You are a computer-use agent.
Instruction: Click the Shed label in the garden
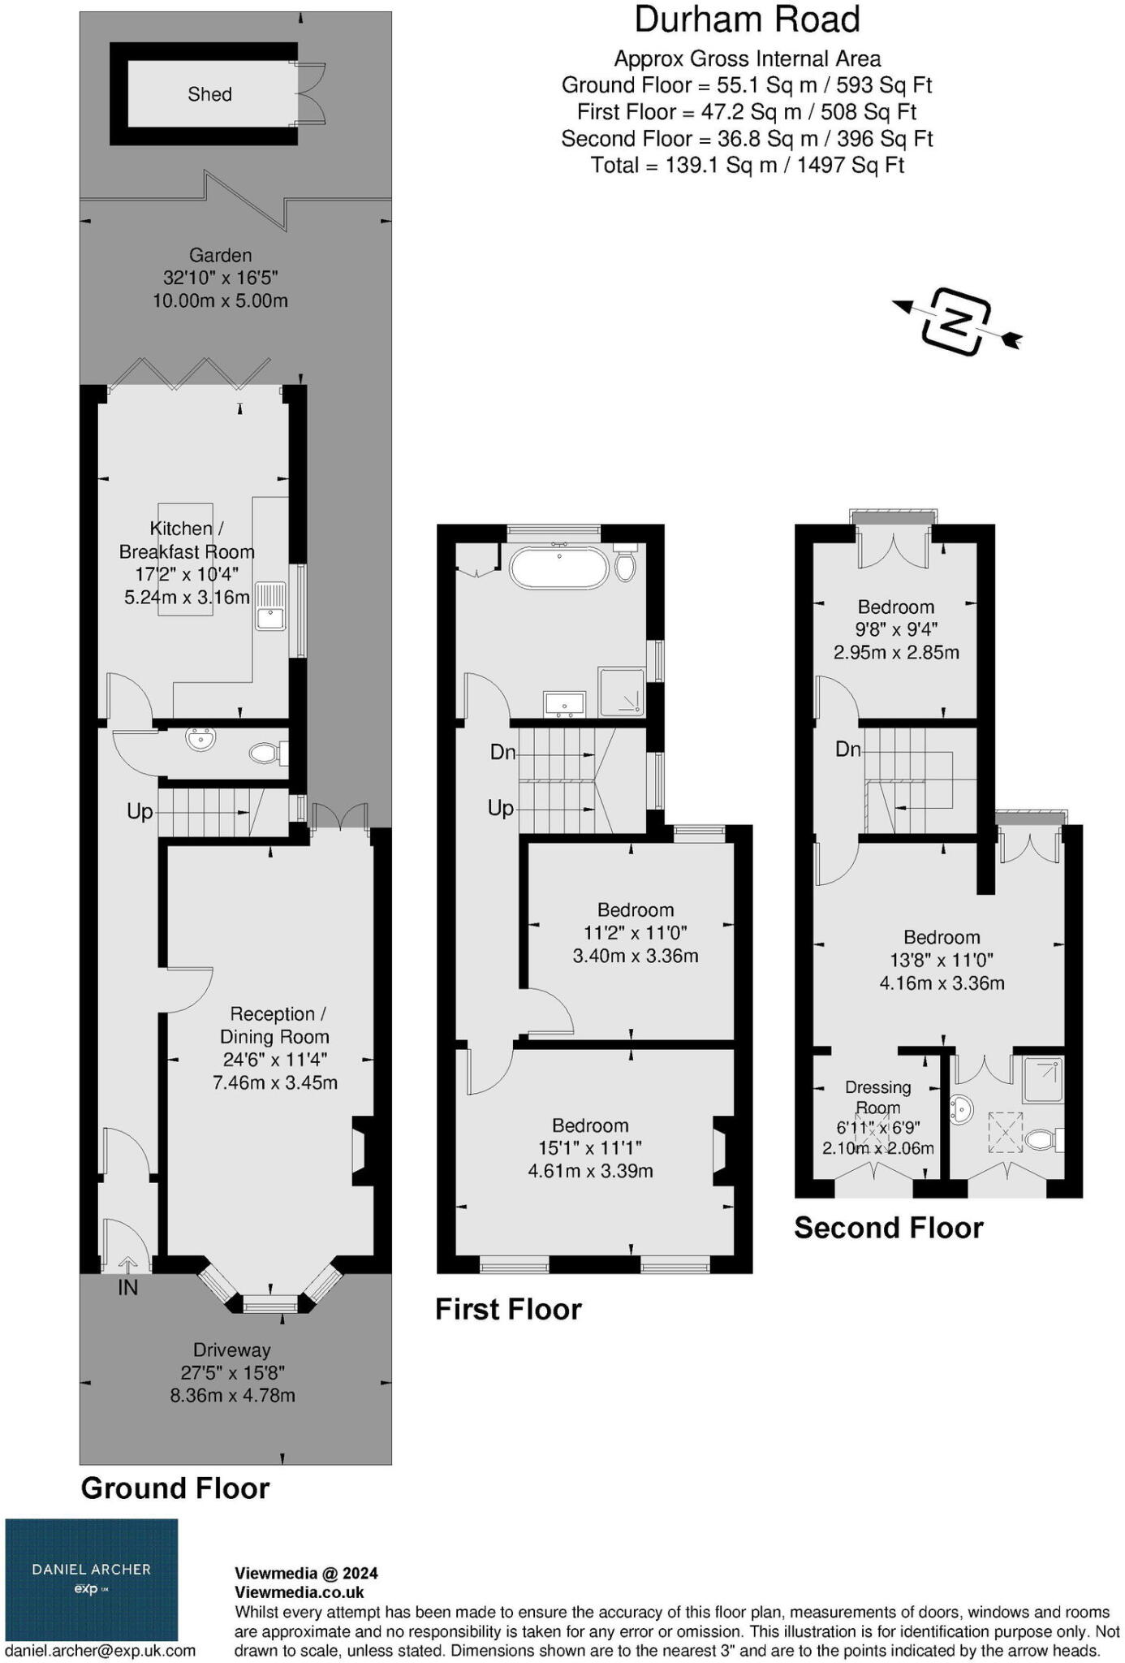209,94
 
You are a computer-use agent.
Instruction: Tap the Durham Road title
747,19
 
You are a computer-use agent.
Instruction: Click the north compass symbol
957,322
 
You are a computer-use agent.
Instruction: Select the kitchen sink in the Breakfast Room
270,606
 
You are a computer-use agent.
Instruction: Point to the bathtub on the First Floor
558,568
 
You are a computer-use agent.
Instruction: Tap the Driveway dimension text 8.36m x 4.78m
232,1396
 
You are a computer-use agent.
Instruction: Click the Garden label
220,255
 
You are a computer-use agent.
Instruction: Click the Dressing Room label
877,1096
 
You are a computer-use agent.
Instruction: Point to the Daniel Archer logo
92,1579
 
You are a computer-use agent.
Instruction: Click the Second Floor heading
888,1228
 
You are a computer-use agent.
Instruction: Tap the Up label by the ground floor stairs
140,811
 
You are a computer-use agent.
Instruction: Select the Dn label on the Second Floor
848,749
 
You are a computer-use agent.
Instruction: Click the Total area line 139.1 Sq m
747,166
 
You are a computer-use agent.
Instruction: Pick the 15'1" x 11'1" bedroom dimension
590,1148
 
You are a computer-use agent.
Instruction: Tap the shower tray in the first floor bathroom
622,692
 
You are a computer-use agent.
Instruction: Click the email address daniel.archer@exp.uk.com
101,1650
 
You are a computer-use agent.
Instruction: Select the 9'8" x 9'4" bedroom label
896,629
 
